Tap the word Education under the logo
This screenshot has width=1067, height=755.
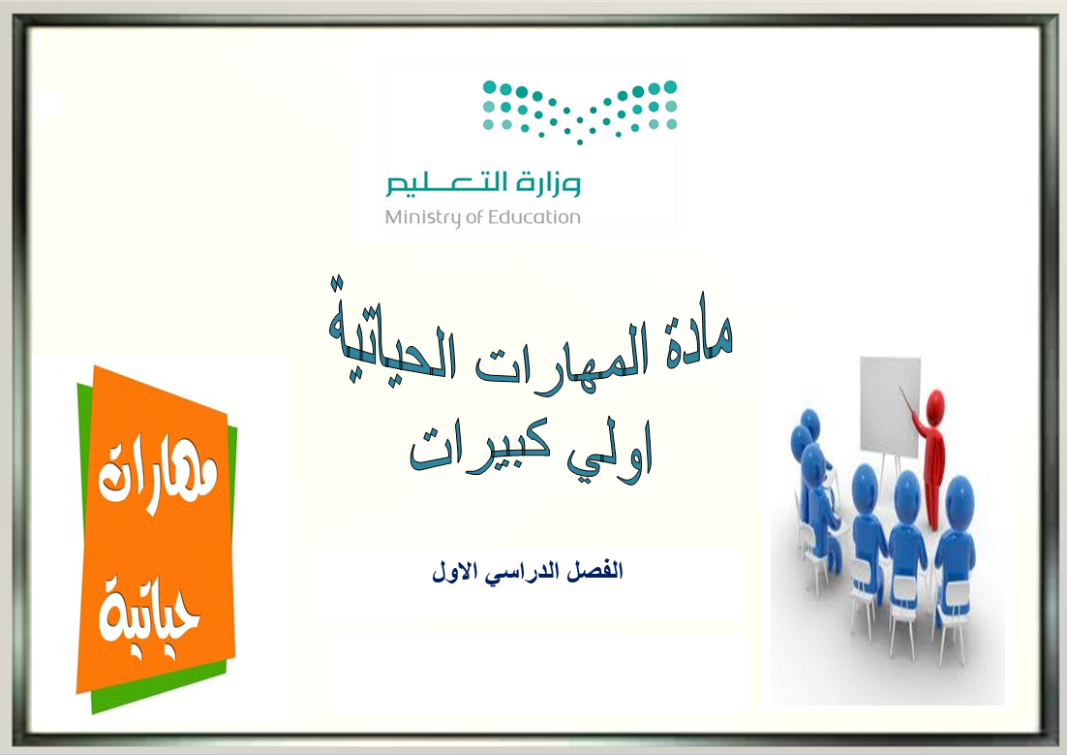pos(534,217)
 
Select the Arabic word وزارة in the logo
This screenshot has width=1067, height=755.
pos(547,184)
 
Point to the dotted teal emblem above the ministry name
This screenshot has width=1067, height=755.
pos(580,111)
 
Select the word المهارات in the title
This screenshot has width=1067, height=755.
pos(560,351)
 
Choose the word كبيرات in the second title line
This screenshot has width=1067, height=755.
pos(479,449)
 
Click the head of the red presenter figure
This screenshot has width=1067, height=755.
pos(936,400)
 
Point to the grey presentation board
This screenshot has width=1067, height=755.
pos(890,405)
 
